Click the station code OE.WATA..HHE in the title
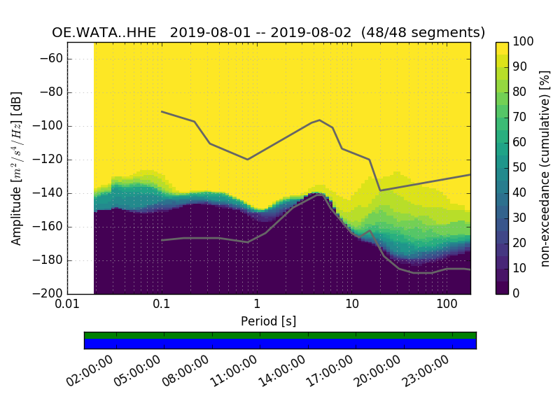click(104, 33)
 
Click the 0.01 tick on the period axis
click(67, 305)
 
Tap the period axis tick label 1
click(257, 305)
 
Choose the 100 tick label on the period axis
click(447, 305)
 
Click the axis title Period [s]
click(268, 321)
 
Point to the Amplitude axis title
click(17, 168)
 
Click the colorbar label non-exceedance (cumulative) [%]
click(545, 168)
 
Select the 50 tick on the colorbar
click(520, 168)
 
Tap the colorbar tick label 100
click(524, 42)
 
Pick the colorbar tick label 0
click(517, 294)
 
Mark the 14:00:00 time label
click(282, 371)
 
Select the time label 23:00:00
click(426, 371)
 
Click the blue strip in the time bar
click(280, 344)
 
